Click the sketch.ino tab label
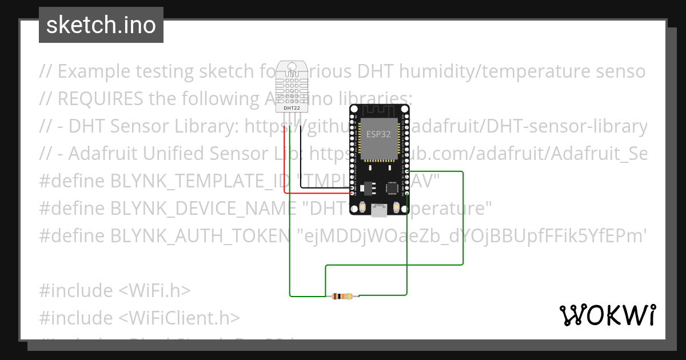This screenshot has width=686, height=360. [x=101, y=26]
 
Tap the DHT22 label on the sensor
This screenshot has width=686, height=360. [x=292, y=107]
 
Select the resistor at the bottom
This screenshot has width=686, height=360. [x=343, y=296]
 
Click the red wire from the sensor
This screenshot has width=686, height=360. [x=285, y=160]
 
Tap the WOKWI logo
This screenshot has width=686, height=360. [x=607, y=315]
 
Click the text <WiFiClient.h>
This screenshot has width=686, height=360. [x=179, y=318]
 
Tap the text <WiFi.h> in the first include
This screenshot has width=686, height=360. [x=154, y=291]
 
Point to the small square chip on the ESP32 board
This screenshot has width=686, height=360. [x=392, y=187]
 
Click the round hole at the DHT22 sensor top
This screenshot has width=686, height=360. [x=292, y=67]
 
